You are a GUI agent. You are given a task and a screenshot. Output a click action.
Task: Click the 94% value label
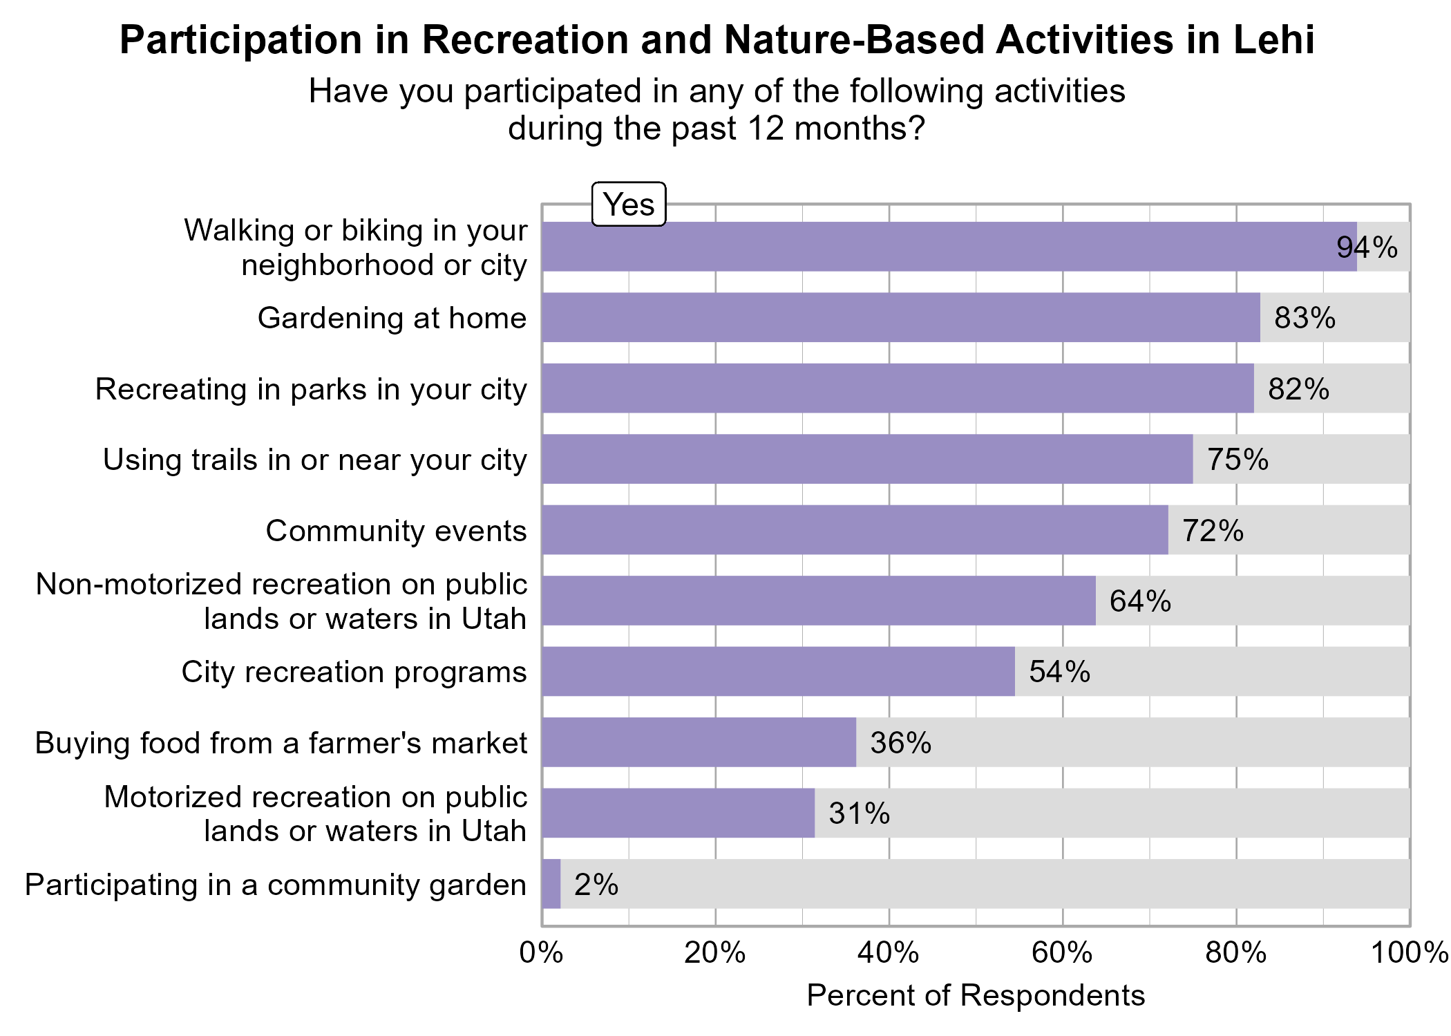[1367, 247]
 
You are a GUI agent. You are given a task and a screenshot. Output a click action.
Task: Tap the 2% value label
[596, 885]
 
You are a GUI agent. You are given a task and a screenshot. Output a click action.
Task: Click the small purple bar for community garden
[551, 884]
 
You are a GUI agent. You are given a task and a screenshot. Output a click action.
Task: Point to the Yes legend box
[629, 205]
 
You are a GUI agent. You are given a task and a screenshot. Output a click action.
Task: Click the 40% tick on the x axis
[889, 954]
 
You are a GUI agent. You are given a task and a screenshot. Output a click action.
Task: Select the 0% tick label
[541, 954]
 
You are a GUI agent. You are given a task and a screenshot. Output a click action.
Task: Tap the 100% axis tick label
[1410, 954]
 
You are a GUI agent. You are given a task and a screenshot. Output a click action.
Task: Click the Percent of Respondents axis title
[976, 996]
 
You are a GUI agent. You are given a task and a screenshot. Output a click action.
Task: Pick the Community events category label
[396, 531]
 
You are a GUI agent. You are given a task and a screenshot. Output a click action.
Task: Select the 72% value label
[1213, 531]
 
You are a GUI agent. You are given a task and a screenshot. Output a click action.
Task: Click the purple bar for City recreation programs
[778, 671]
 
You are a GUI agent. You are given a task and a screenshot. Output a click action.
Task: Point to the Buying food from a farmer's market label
[281, 743]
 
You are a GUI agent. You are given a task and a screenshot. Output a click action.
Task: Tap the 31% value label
[859, 813]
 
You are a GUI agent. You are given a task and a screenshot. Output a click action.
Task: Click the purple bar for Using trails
[867, 459]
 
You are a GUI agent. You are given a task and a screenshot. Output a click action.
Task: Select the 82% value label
[1298, 389]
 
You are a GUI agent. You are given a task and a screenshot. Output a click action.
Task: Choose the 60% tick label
[1062, 954]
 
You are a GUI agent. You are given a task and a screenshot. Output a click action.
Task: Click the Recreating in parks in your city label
[311, 389]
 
